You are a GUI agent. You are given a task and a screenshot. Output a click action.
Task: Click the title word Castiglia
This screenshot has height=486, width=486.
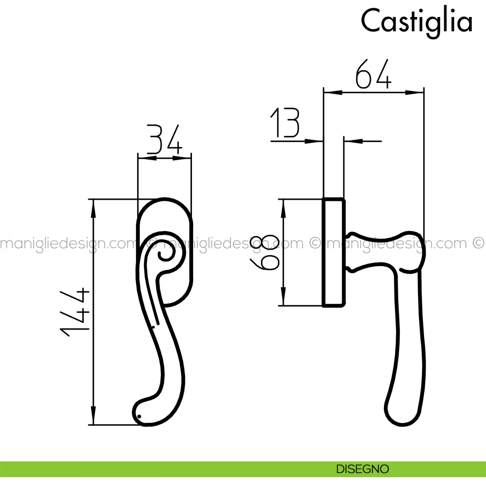click(416, 21)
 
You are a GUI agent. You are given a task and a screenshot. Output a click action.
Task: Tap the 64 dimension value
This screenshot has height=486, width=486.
click(373, 75)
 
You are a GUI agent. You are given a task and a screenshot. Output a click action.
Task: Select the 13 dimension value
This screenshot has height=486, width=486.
click(285, 123)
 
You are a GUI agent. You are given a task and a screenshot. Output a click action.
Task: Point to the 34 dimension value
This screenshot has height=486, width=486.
click(164, 140)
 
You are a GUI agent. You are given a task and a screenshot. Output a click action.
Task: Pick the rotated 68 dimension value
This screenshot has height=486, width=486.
click(265, 252)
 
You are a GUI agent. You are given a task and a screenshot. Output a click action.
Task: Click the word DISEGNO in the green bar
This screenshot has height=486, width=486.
click(362, 469)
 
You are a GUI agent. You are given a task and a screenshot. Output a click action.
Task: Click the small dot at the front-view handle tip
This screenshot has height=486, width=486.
click(139, 416)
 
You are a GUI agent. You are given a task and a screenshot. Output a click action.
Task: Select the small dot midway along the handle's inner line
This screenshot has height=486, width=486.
click(153, 326)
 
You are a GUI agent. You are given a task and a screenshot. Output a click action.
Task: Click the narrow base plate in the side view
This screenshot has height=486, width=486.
click(334, 252)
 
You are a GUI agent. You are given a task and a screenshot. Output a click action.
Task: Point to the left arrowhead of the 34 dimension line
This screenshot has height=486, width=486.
click(144, 158)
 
